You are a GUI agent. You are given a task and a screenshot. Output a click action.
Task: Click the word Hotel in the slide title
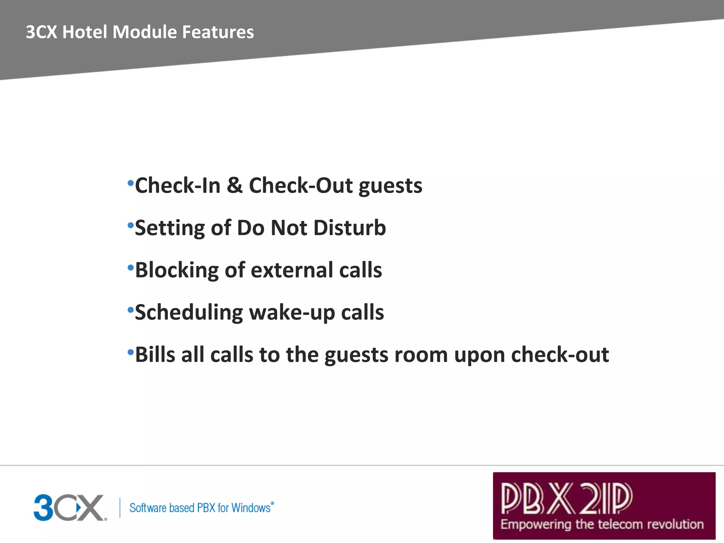pos(84,32)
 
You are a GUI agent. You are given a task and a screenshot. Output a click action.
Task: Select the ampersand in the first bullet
pos(234,185)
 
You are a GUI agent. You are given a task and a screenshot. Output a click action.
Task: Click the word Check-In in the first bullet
pos(177,186)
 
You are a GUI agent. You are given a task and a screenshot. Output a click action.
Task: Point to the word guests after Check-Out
pos(390,187)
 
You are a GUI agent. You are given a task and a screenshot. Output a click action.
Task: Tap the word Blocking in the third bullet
pos(177,270)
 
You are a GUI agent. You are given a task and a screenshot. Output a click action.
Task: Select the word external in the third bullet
pos(292,270)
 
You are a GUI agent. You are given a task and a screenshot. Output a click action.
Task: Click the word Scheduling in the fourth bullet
pos(189,313)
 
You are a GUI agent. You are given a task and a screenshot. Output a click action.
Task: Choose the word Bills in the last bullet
pos(155,355)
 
